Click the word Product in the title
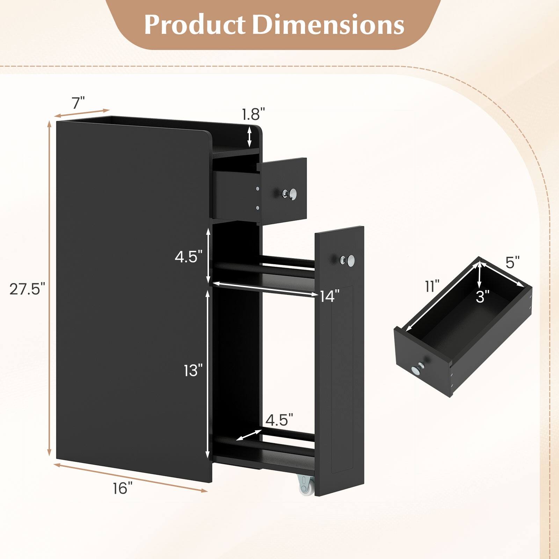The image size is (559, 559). tap(194, 24)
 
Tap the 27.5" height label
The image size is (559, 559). tap(27, 289)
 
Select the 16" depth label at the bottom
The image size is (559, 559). tap(123, 488)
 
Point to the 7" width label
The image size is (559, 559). tap(78, 103)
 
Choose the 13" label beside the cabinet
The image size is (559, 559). tap(193, 371)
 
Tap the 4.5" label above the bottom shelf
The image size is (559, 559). tap(279, 420)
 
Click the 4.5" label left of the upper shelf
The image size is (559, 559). tap(189, 257)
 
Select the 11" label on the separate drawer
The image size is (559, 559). tap(432, 286)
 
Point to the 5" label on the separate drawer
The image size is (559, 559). tap(513, 263)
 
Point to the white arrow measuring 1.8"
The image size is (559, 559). tap(249, 137)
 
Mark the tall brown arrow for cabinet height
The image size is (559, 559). tap(50, 289)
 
